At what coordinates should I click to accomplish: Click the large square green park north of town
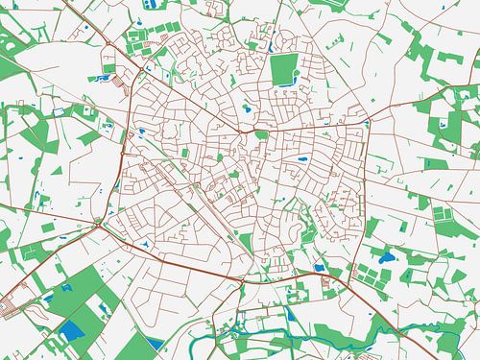pyautogui.click(x=284, y=69)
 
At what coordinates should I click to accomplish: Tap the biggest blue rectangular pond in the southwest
pyautogui.click(x=71, y=332)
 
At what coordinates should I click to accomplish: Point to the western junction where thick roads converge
pyautogui.click(x=99, y=223)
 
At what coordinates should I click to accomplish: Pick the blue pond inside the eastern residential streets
pyautogui.click(x=303, y=158)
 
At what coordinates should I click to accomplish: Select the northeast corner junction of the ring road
pyautogui.click(x=370, y=122)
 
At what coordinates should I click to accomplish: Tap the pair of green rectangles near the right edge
pyautogui.click(x=442, y=213)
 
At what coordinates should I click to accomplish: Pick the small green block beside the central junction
pyautogui.click(x=260, y=134)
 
